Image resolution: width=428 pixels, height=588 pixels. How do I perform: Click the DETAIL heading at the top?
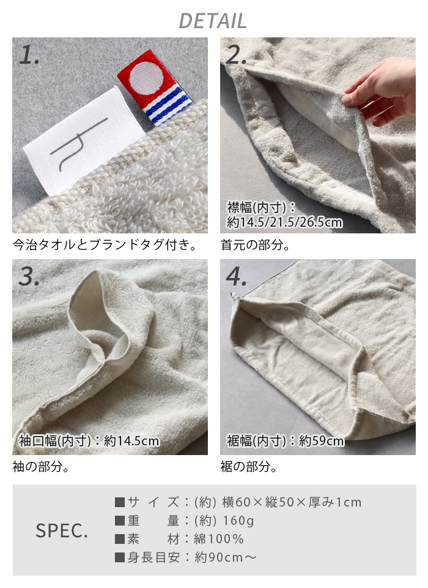(x=213, y=21)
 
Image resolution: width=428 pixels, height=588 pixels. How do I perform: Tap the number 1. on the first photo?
(x=29, y=55)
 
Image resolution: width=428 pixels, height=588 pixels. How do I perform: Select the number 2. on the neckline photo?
(x=236, y=55)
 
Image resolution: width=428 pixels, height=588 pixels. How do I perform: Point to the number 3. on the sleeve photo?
(x=29, y=277)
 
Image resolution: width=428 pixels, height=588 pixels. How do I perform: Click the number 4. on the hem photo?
(x=236, y=277)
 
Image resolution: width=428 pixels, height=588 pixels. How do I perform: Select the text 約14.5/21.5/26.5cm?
(x=284, y=222)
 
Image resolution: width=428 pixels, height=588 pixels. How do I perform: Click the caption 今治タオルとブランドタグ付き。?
(x=105, y=245)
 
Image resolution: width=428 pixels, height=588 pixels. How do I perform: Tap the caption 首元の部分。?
(x=256, y=245)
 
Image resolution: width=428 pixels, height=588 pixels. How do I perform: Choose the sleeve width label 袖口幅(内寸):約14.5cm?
(x=89, y=440)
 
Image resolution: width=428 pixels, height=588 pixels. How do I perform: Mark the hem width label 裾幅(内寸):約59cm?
(x=286, y=440)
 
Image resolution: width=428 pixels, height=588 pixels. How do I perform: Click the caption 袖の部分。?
(x=41, y=467)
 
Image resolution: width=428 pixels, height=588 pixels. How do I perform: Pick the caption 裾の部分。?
(x=249, y=467)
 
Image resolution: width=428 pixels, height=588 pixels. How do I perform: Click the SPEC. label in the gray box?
(x=62, y=530)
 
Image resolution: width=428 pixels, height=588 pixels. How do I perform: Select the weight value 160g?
(x=238, y=521)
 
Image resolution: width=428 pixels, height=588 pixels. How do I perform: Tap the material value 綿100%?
(x=219, y=539)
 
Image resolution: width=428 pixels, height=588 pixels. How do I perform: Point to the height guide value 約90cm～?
(x=226, y=557)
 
